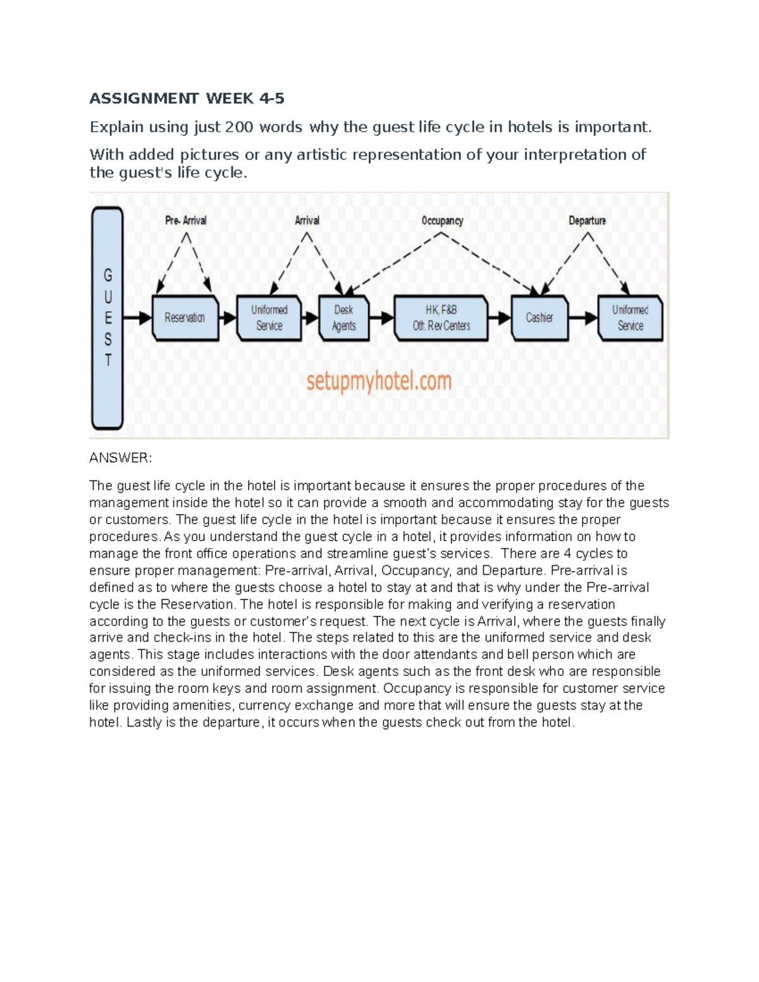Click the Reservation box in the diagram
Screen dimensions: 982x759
[x=185, y=317]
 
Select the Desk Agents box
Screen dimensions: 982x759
[x=344, y=317]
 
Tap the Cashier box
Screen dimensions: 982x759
[x=540, y=317]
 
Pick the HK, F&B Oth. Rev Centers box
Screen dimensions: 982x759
[x=441, y=317]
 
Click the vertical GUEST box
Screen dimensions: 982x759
[x=108, y=318]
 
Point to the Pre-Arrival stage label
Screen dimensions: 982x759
[x=185, y=221]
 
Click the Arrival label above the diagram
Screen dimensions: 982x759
[x=307, y=221]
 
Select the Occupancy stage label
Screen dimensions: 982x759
[x=442, y=221]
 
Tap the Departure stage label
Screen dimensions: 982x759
[x=587, y=221]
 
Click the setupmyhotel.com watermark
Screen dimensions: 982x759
[x=379, y=382]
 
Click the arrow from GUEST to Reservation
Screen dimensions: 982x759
[x=137, y=317]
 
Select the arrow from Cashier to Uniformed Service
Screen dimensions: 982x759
[x=583, y=317]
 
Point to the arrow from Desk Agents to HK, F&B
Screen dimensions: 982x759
[x=381, y=317]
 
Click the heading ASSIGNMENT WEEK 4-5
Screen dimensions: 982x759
[x=187, y=99]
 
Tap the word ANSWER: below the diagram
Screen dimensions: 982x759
[x=120, y=458]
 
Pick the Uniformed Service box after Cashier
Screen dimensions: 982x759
[x=630, y=317]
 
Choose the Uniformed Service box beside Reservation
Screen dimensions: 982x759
[x=269, y=317]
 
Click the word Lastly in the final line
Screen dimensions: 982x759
[x=144, y=723]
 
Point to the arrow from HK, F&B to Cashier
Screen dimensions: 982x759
[x=499, y=317]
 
